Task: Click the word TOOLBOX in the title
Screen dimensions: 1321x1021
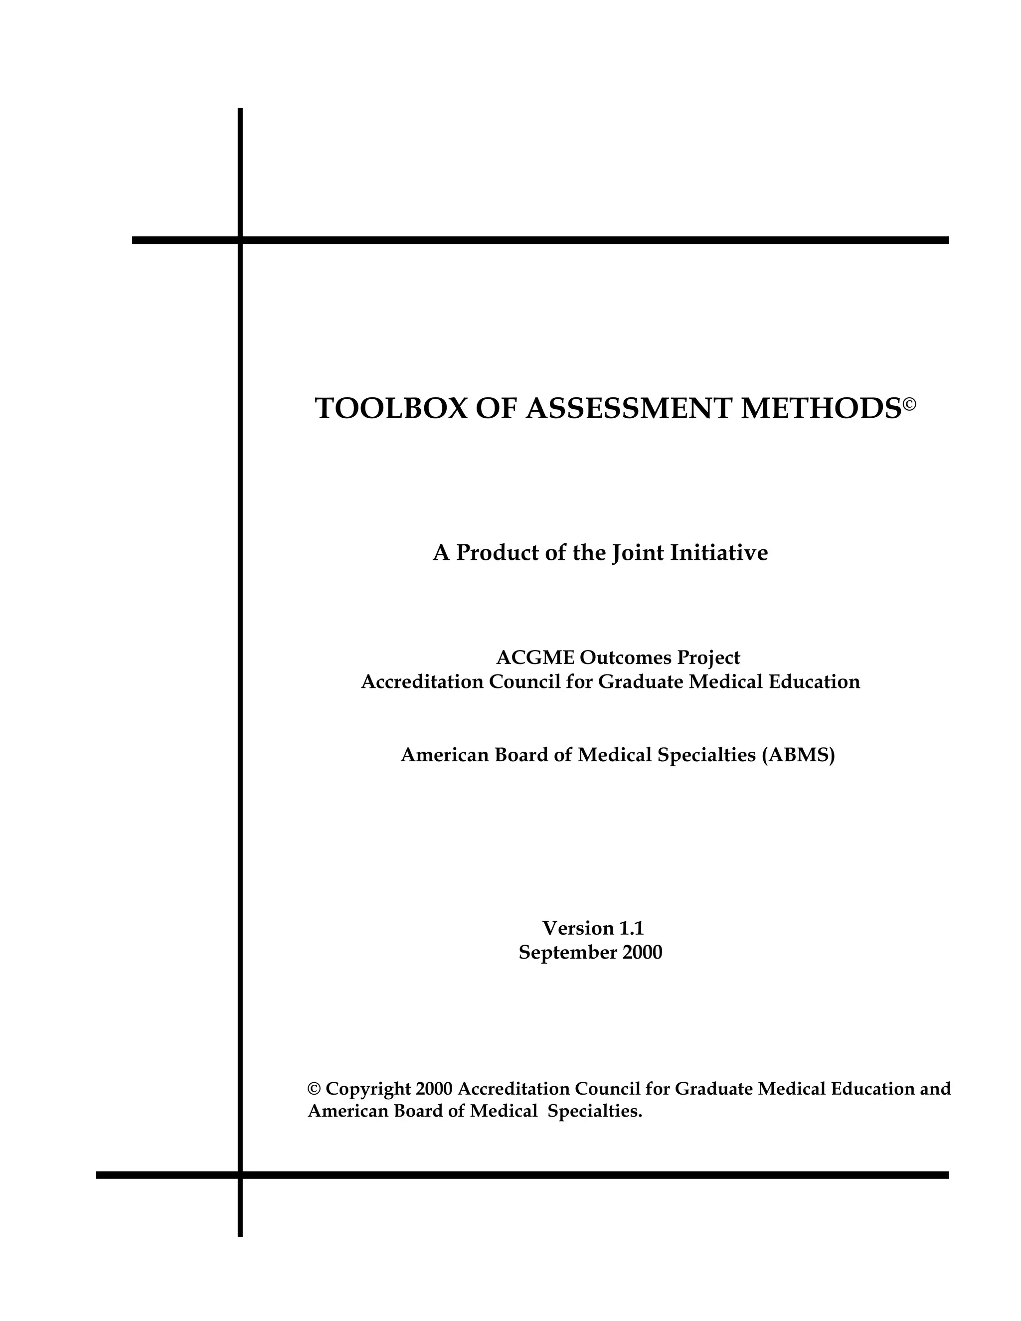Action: click(391, 409)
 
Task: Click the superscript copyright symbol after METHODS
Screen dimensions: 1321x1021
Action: click(910, 402)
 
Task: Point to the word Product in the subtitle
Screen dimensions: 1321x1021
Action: click(497, 553)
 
